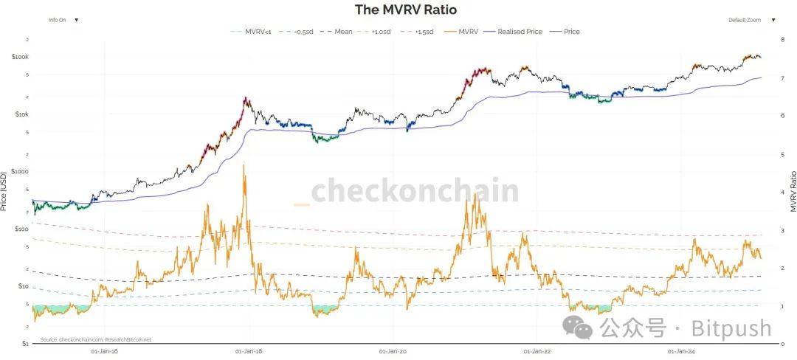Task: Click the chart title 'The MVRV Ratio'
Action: pos(406,10)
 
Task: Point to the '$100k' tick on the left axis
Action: pos(20,57)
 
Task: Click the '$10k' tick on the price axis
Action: pos(21,114)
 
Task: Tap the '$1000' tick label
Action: pos(20,171)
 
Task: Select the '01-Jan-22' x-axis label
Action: pos(536,351)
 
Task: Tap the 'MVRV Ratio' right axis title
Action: pos(792,191)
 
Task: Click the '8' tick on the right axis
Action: pos(782,39)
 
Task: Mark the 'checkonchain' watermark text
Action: pos(414,190)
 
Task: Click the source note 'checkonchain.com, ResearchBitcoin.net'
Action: pos(96,339)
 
